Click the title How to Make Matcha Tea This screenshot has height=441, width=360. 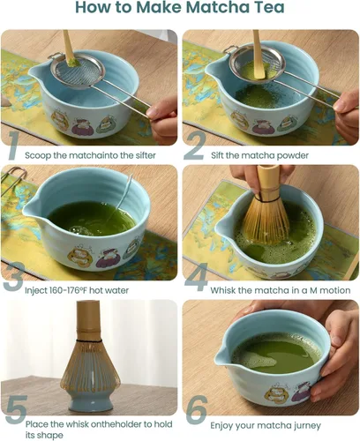pyautogui.click(x=180, y=10)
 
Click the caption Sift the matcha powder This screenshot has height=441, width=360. pyautogui.click(x=261, y=155)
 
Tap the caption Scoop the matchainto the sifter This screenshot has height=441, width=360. pyautogui.click(x=91, y=155)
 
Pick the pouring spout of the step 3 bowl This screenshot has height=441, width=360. pyautogui.click(x=33, y=216)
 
